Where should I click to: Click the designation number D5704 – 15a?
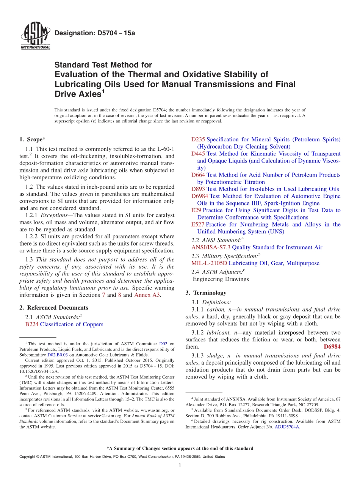click(95, 33)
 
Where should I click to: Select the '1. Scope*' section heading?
click(33, 139)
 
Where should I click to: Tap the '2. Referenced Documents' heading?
click(53, 308)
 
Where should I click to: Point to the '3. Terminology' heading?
click(206, 293)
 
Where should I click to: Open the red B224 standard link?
click(31, 324)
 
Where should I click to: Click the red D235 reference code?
click(198, 139)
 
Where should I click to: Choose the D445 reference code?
click(198, 153)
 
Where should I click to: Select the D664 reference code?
click(198, 175)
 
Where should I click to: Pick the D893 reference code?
click(198, 189)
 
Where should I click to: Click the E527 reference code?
click(197, 224)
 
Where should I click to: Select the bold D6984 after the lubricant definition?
click(332, 347)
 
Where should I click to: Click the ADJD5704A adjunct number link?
click(287, 427)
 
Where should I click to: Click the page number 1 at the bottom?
click(180, 466)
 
